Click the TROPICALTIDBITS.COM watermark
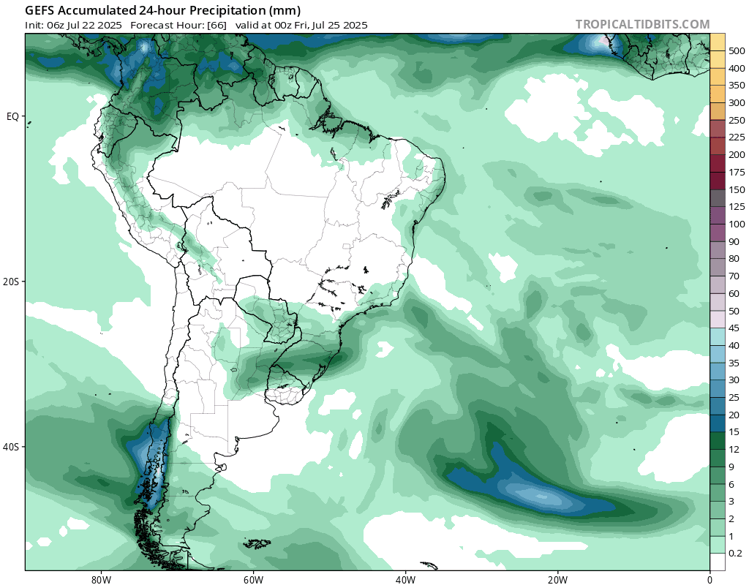pyautogui.click(x=642, y=24)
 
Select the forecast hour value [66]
pyautogui.click(x=215, y=25)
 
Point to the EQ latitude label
pyautogui.click(x=12, y=116)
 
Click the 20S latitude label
pyautogui.click(x=12, y=282)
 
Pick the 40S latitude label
pyautogui.click(x=12, y=447)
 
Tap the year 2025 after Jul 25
pyautogui.click(x=354, y=25)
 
